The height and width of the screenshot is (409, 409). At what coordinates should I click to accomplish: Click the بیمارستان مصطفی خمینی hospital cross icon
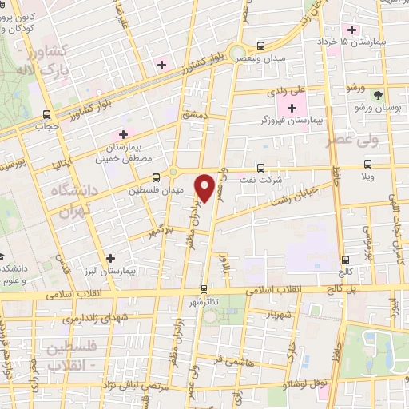123,133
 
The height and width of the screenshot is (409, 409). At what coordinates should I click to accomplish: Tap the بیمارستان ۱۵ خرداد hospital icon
373,30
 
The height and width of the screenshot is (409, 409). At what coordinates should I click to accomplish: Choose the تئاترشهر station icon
204,289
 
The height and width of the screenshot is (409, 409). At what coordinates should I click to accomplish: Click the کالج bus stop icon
345,259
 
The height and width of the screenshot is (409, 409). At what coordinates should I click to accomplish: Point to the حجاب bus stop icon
46,114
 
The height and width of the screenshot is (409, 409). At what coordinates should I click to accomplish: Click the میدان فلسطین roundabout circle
173,171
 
